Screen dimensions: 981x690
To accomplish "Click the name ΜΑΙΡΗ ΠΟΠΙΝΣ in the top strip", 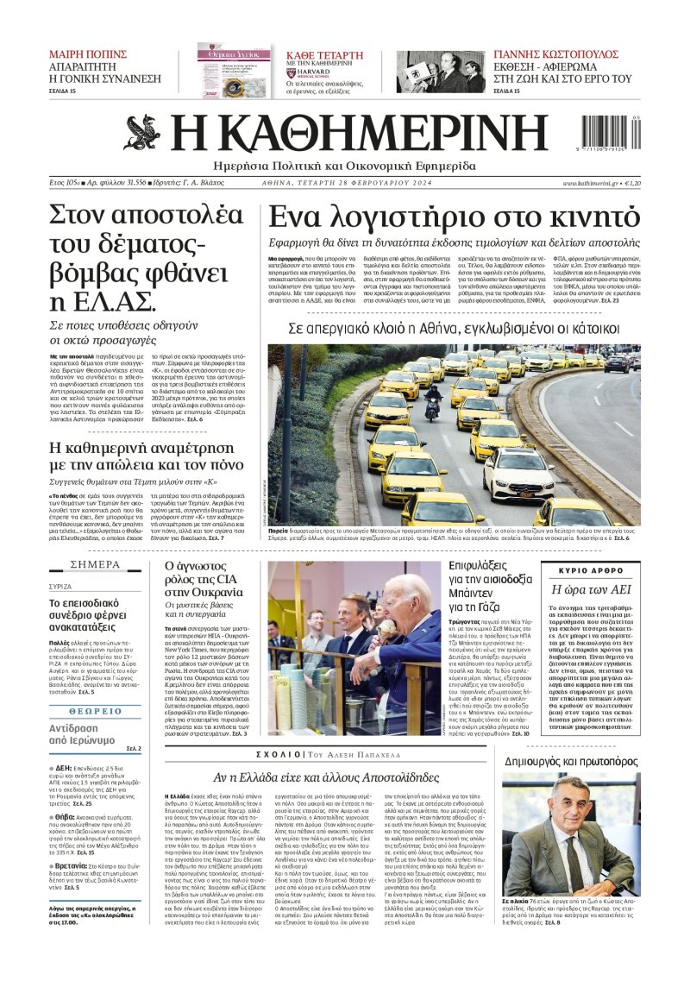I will coord(88,53).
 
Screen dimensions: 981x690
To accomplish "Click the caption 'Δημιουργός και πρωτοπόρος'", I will coord(573,762).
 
